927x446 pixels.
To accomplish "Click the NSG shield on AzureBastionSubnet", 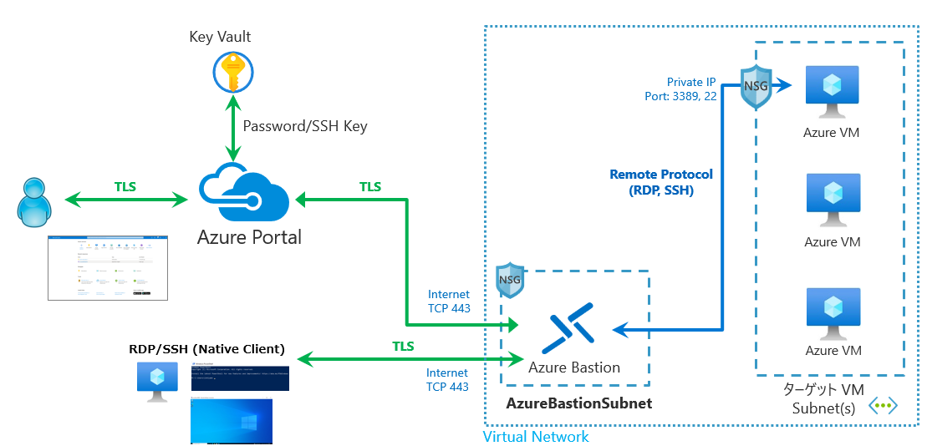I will coord(510,278).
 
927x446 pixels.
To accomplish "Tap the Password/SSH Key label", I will coord(304,126).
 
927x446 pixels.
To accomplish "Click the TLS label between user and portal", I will coord(126,187).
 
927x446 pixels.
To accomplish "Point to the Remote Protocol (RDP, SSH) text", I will coord(661,182).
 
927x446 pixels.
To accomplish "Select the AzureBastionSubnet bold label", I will coord(578,403).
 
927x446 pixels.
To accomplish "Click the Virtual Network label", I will coord(536,437).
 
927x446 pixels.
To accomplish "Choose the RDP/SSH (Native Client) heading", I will coord(206,348).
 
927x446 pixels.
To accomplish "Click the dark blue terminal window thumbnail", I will coord(241,377).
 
